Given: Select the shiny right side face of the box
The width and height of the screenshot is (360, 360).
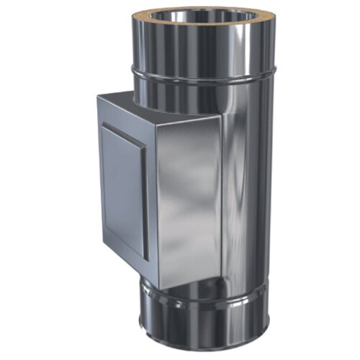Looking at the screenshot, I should click(187, 194).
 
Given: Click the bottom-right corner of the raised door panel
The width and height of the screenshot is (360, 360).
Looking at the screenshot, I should click(148, 260).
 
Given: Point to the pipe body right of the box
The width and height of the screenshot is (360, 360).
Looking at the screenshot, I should click(245, 180).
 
